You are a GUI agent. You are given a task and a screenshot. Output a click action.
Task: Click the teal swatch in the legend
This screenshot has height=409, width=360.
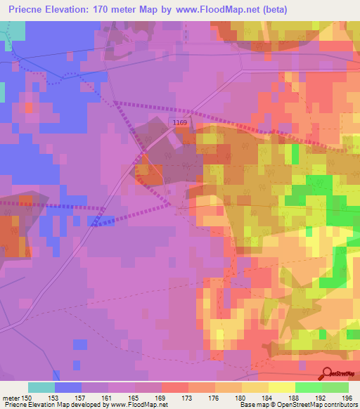tap(41, 387)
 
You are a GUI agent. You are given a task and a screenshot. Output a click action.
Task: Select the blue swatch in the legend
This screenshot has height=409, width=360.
tap(68, 387)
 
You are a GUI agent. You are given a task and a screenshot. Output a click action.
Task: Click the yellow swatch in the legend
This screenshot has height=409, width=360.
tap(282, 387)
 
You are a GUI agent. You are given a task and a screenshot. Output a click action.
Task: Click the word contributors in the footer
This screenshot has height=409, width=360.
tap(338, 404)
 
